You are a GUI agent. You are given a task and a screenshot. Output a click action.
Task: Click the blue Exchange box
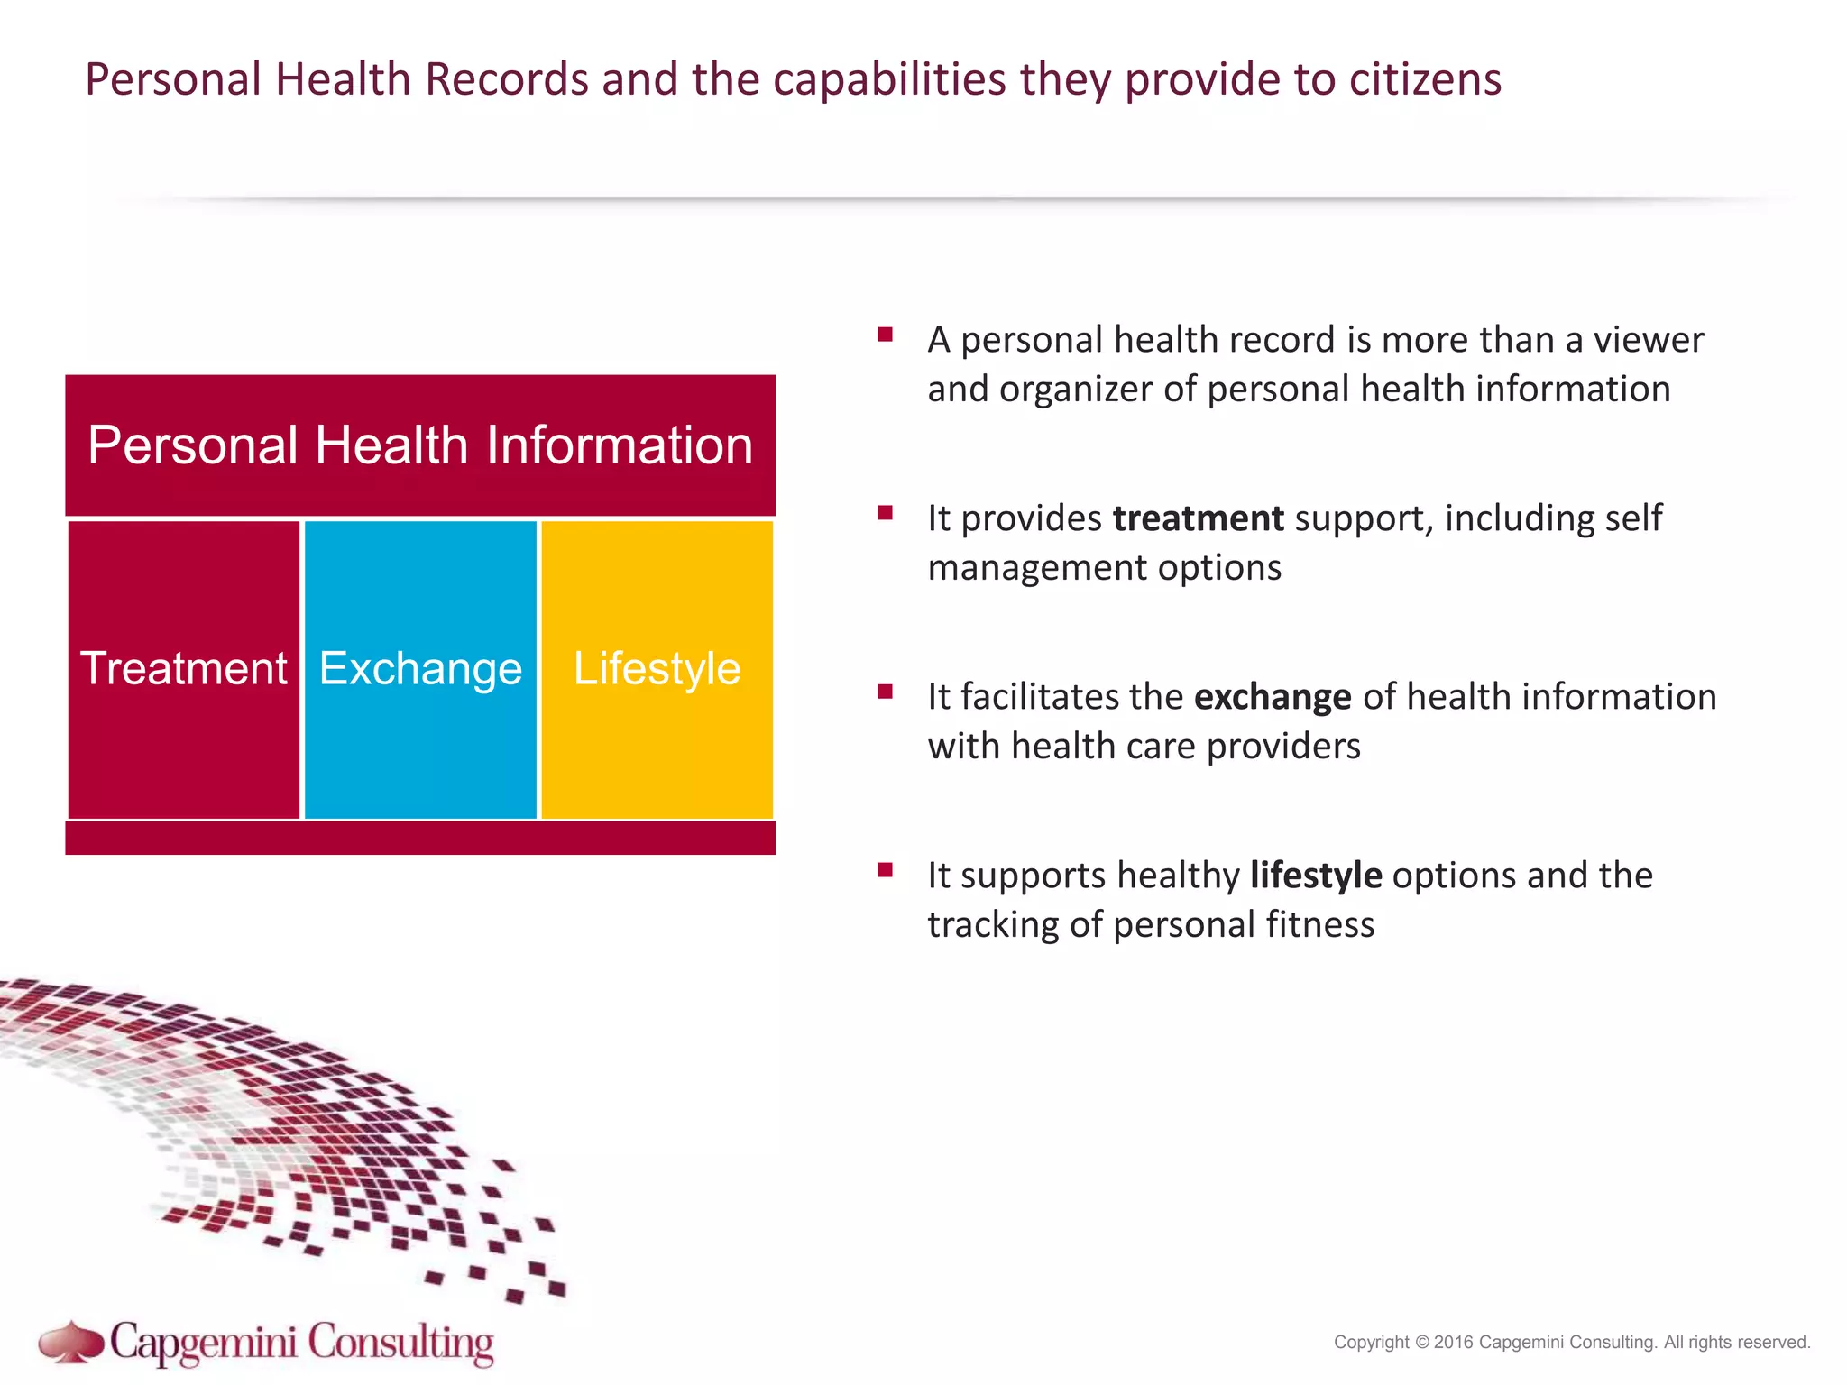tap(420, 669)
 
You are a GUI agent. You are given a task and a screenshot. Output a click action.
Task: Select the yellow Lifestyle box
tap(657, 669)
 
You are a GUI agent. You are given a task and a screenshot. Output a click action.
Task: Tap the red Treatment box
tap(184, 669)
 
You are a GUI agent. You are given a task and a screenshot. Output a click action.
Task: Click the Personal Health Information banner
tap(420, 445)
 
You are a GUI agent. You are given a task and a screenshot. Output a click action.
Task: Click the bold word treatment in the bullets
tap(1198, 518)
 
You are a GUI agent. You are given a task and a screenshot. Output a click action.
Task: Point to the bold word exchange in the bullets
tap(1273, 697)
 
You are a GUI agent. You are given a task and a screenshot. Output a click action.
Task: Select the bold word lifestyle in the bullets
tap(1316, 876)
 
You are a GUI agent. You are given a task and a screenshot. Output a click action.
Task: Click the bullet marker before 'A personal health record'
tap(885, 335)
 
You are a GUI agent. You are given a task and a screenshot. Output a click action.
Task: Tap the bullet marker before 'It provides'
tap(885, 514)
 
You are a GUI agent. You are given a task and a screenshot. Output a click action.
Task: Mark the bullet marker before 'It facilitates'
tap(885, 692)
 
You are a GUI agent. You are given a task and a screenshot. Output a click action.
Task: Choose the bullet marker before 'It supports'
tap(885, 871)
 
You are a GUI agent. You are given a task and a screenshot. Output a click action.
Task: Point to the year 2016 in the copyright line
tap(1453, 1342)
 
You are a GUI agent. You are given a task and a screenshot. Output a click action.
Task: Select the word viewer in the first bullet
tap(1648, 340)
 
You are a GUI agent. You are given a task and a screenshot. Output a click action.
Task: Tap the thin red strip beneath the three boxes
tap(420, 839)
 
